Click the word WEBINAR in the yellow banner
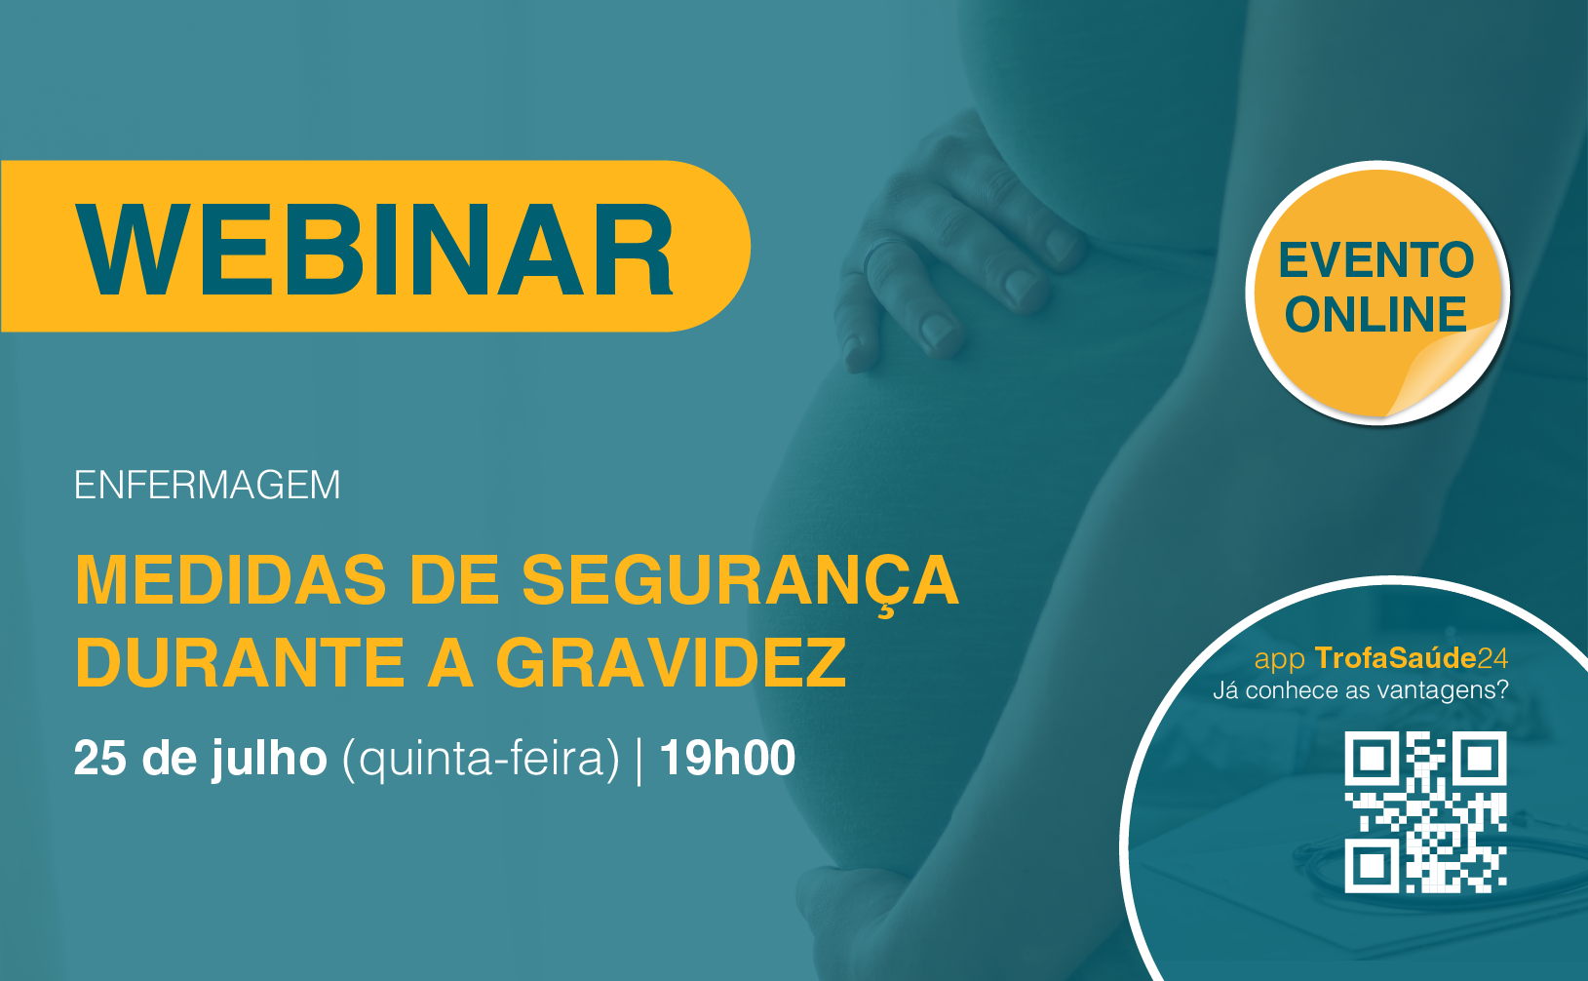click(x=374, y=249)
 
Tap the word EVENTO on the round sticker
click(x=1376, y=260)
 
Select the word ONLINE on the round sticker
click(x=1375, y=314)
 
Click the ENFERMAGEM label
click(x=207, y=486)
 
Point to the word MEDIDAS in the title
click(x=230, y=580)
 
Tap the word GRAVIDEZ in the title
click(x=672, y=662)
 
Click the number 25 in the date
click(x=100, y=759)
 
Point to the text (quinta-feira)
click(x=481, y=760)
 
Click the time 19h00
click(x=727, y=759)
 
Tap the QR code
click(x=1425, y=812)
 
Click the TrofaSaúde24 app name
click(x=1412, y=657)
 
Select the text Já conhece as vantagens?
click(x=1361, y=690)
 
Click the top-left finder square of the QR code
click(x=1372, y=759)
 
